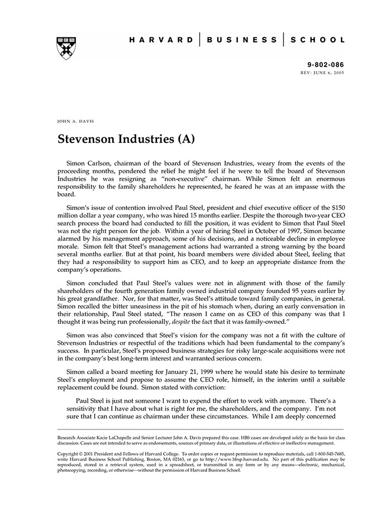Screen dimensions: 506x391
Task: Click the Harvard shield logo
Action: tap(66, 49)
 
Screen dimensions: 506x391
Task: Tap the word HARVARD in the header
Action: tap(161, 40)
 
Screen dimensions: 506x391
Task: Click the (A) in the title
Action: tap(185, 138)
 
